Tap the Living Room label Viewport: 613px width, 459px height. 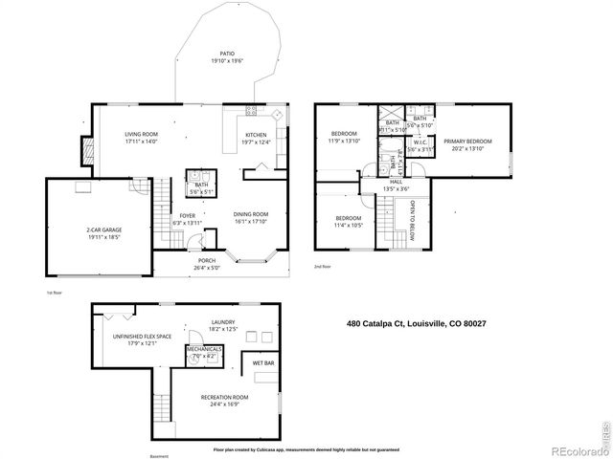(142, 137)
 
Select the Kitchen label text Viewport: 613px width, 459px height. (257, 137)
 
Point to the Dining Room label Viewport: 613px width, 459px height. (252, 217)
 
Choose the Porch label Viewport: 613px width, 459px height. (206, 263)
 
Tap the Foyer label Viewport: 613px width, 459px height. (188, 219)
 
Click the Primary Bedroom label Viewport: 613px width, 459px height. (466, 143)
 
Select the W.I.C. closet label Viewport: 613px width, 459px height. (420, 146)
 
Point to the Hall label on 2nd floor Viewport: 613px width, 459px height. (396, 184)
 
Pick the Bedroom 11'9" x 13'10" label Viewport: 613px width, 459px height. (344, 137)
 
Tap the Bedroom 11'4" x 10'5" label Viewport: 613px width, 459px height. (348, 221)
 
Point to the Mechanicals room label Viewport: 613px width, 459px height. (205, 352)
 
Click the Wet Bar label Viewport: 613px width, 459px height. (264, 365)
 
